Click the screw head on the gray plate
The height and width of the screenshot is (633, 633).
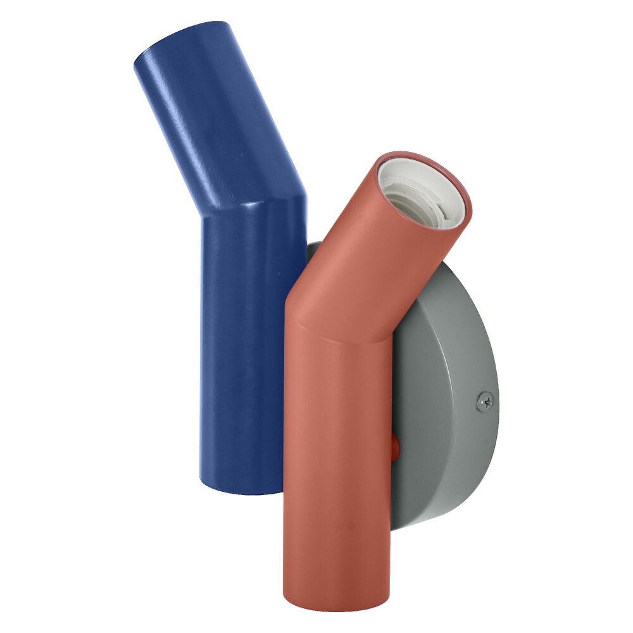click(485, 401)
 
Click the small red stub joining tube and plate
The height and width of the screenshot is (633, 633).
click(395, 446)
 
